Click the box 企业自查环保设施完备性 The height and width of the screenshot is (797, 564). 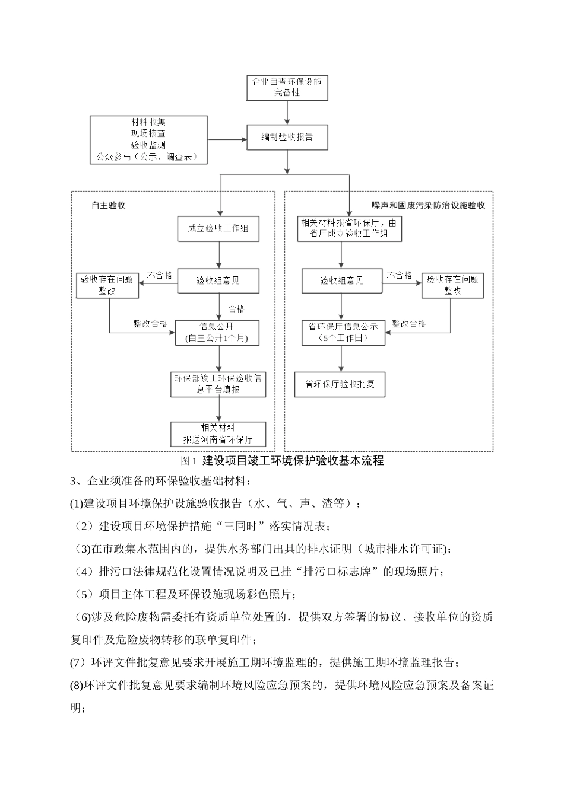pyautogui.click(x=287, y=87)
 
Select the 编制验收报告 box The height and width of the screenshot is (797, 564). pyautogui.click(x=287, y=137)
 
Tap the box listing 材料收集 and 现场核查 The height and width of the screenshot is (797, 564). pyautogui.click(x=148, y=140)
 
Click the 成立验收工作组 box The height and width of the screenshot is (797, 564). pyautogui.click(x=218, y=229)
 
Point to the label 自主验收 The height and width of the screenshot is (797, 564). pyautogui.click(x=109, y=205)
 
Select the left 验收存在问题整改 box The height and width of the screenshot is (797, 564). pyautogui.click(x=107, y=285)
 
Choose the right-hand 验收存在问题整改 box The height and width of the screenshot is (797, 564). pyautogui.click(x=453, y=285)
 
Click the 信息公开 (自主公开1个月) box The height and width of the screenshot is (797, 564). pyautogui.click(x=217, y=332)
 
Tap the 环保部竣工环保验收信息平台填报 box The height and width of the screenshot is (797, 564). pyautogui.click(x=217, y=384)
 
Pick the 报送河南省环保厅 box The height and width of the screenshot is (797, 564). pyautogui.click(x=218, y=434)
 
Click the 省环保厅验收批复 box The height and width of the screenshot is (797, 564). pyautogui.click(x=340, y=384)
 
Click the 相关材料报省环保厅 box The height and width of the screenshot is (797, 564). pyautogui.click(x=349, y=228)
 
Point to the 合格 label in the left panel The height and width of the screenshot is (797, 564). pyautogui.click(x=236, y=309)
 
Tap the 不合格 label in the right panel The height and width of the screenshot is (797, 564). pyautogui.click(x=400, y=276)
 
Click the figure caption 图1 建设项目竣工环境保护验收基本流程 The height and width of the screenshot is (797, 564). pyautogui.click(x=282, y=461)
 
